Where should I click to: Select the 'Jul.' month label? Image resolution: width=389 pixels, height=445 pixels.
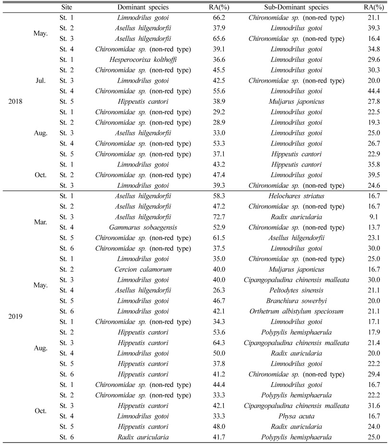pyautogui.click(x=41, y=81)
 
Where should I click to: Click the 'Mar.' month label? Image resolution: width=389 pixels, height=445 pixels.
pyautogui.click(x=41, y=223)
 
